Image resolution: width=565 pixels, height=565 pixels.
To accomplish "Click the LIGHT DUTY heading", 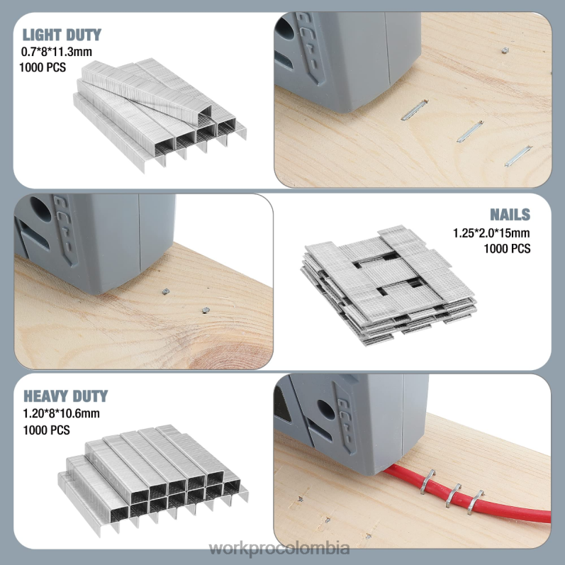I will point(62,35).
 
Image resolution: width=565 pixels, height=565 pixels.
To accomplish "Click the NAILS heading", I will point(510,215).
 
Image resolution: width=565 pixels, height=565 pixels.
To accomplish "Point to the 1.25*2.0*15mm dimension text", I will point(491,233).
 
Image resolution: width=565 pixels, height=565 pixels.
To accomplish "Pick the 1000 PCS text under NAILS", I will point(506,249).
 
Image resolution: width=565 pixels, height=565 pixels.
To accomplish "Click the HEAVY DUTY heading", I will point(65,396).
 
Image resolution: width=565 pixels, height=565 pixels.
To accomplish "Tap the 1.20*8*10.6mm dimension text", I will point(61,413).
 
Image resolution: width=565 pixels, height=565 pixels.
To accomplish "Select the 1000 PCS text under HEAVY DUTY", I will point(45,430).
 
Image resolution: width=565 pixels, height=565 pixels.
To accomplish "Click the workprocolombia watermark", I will point(282,548).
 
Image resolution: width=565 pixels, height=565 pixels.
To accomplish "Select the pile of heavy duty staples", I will point(152,475).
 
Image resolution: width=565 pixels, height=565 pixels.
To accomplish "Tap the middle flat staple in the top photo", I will point(469,129).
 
